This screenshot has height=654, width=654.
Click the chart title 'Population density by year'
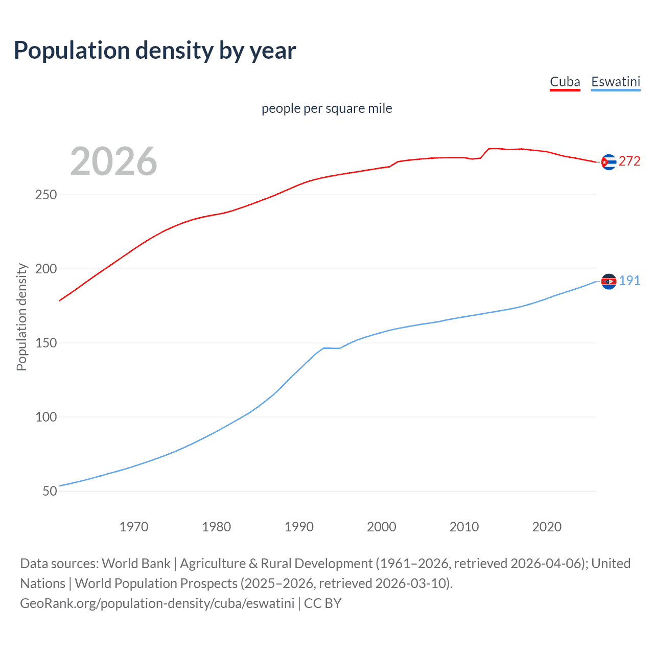point(155,51)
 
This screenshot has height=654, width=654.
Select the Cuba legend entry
point(565,82)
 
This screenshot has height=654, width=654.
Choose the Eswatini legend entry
point(615,82)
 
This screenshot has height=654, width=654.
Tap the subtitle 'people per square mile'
point(326,108)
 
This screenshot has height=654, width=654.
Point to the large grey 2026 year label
point(113,161)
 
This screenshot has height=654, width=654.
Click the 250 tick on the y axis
point(45,195)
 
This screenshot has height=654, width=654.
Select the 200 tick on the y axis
point(45,269)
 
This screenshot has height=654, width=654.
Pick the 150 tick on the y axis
point(45,343)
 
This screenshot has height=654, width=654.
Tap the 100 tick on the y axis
point(45,417)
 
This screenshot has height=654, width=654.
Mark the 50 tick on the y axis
point(50,491)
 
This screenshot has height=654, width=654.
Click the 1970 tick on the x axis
point(134,527)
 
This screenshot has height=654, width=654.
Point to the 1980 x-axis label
point(216,527)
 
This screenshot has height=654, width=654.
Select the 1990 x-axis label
point(299,527)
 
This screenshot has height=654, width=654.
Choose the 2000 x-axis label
point(382,527)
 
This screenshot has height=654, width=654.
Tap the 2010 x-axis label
point(464,527)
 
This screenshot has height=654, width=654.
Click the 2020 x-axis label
point(547,527)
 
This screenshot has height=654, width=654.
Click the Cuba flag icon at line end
point(609,162)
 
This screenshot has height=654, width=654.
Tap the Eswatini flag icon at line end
point(609,282)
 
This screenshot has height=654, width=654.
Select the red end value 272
point(629,161)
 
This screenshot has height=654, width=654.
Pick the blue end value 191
point(629,281)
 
